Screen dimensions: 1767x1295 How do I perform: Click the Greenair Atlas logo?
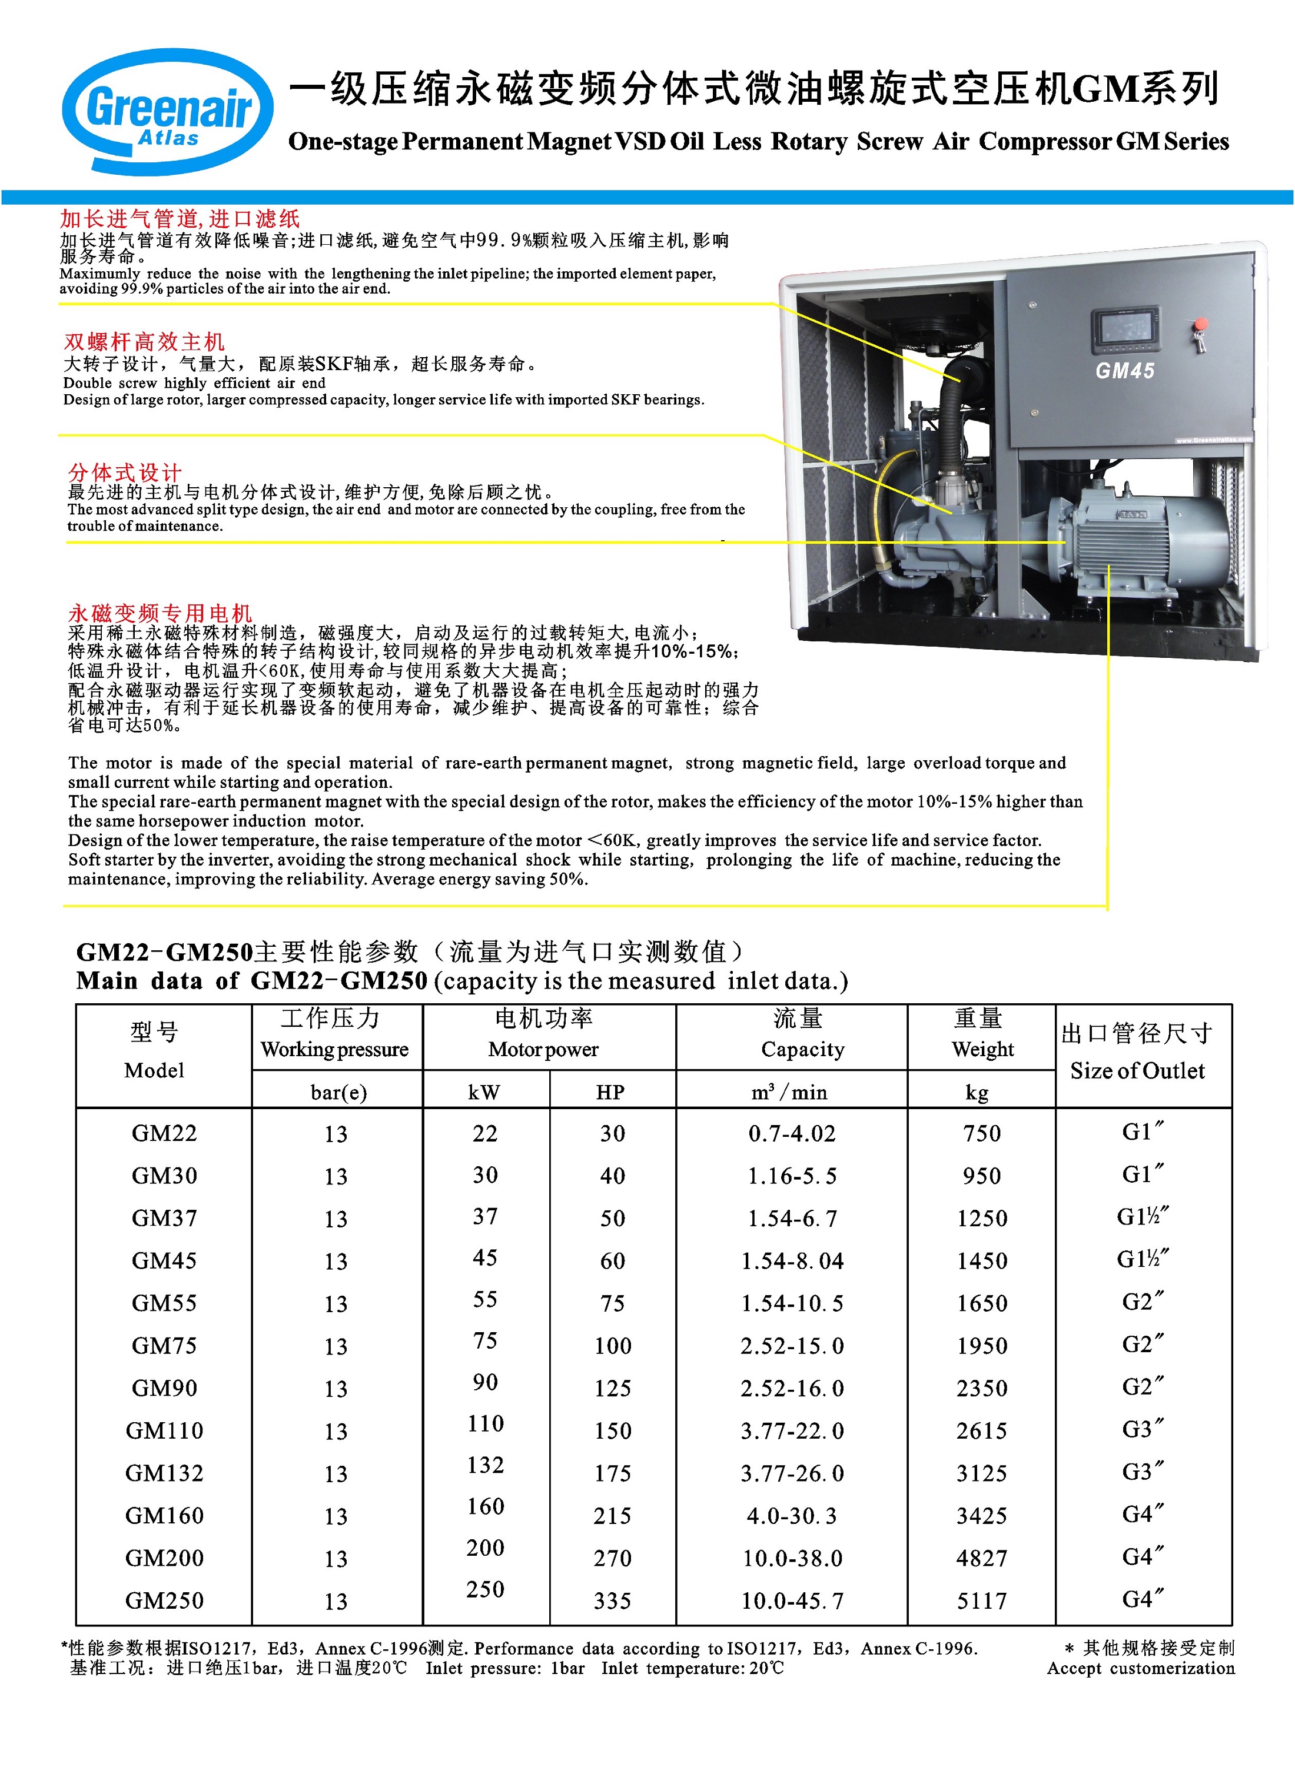(x=168, y=111)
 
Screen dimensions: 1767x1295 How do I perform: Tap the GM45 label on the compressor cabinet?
(x=1124, y=371)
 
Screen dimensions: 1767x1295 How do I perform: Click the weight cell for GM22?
(x=981, y=1133)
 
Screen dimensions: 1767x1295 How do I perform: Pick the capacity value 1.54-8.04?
(x=792, y=1261)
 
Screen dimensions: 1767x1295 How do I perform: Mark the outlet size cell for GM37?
(x=1141, y=1217)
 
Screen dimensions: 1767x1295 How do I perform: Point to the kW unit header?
(x=484, y=1092)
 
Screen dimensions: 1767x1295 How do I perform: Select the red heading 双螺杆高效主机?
(x=144, y=342)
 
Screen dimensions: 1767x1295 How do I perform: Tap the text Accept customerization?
(x=1141, y=1668)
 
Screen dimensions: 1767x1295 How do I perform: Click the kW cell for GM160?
(x=485, y=1506)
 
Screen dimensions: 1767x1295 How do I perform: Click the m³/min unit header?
(x=789, y=1092)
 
